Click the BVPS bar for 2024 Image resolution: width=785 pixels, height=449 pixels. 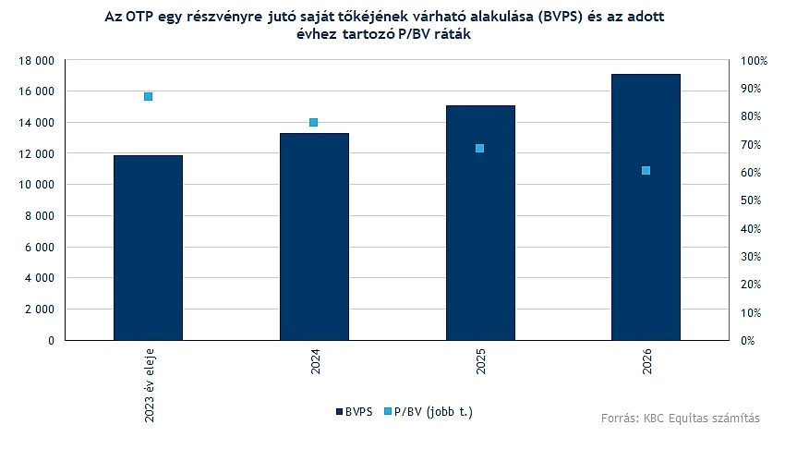(x=314, y=237)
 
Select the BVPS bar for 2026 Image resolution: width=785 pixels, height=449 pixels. (x=646, y=207)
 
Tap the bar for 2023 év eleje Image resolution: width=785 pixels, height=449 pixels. (x=148, y=248)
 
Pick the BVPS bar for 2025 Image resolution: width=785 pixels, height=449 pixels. (x=480, y=223)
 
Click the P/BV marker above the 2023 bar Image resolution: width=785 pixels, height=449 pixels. (x=148, y=96)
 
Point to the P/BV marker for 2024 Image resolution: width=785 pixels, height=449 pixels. (x=314, y=122)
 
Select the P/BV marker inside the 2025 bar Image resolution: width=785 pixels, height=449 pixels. (x=480, y=148)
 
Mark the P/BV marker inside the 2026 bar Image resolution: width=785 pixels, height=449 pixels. (x=646, y=170)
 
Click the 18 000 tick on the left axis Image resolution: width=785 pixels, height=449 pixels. (x=37, y=60)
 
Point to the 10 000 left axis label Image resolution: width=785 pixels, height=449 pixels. (x=37, y=185)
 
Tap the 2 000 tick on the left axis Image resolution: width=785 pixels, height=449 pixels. (x=40, y=309)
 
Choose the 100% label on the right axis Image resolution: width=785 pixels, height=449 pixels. (x=756, y=60)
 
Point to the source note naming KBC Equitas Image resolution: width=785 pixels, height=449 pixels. (x=680, y=419)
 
